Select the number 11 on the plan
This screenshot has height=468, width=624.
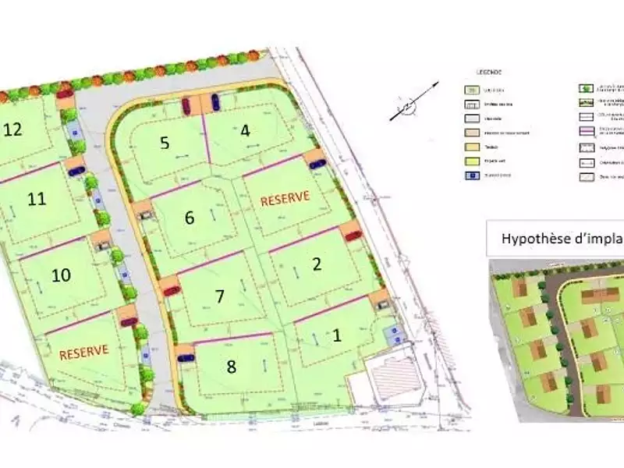click(36, 199)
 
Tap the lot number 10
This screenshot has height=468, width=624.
click(61, 275)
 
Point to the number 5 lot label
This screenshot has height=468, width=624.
click(165, 143)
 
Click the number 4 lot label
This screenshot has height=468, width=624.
click(245, 130)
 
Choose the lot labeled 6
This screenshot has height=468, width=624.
click(189, 218)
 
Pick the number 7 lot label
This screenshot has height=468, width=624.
click(219, 296)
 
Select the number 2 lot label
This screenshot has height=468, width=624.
click(317, 264)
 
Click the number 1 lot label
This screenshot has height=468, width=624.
click(337, 336)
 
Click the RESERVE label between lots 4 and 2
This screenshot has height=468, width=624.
click(285, 198)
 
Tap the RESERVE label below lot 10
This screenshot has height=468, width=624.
click(83, 351)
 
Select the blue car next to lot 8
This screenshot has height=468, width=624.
click(186, 358)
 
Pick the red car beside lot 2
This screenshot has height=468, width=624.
click(353, 235)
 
